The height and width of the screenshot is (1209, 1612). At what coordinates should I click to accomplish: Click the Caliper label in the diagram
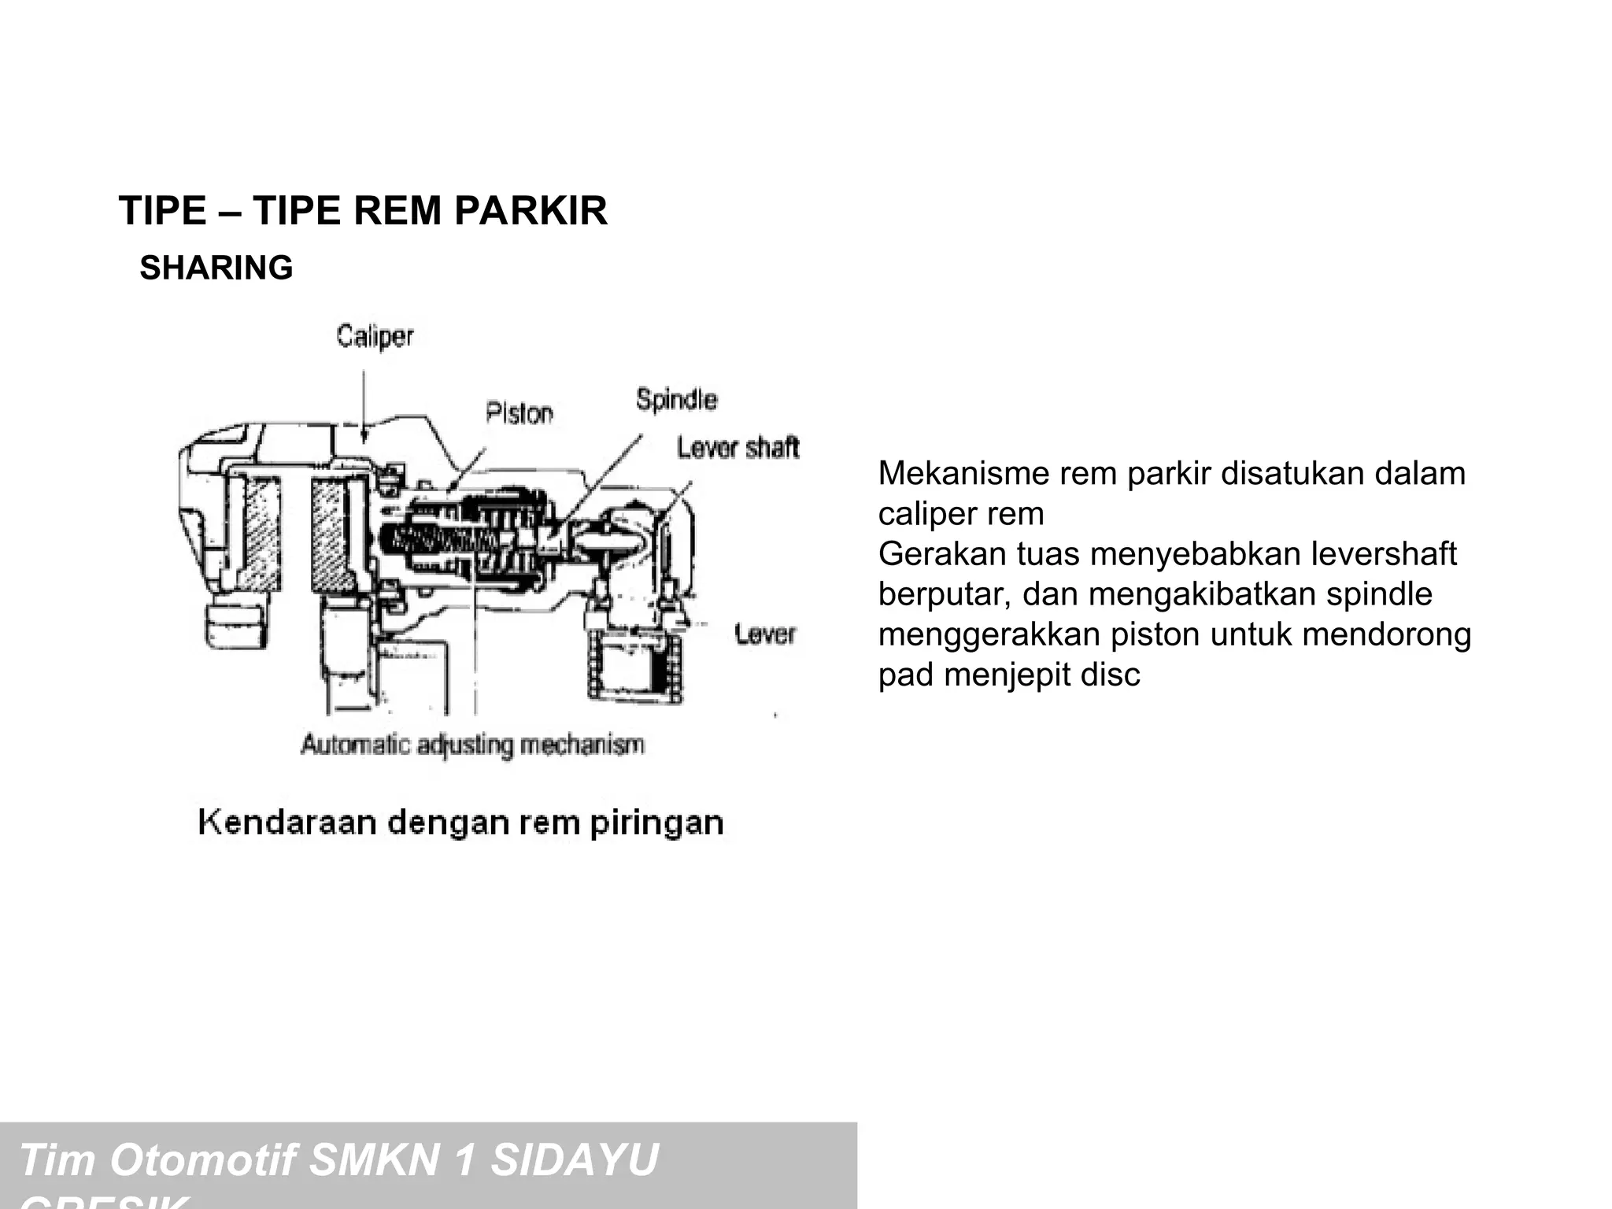click(x=375, y=336)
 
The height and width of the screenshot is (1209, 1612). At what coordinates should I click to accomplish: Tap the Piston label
click(x=519, y=413)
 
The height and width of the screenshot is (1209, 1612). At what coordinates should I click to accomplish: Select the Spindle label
click(x=676, y=400)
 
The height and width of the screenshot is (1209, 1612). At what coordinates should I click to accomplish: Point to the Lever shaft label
click(x=738, y=448)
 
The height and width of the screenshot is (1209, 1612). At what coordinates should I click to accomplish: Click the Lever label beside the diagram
click(x=765, y=634)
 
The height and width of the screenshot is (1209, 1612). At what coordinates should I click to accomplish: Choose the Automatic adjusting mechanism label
click(x=472, y=745)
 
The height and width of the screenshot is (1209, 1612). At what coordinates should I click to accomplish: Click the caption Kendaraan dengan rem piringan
click(x=460, y=823)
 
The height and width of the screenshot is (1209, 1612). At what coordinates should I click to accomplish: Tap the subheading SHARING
click(x=216, y=268)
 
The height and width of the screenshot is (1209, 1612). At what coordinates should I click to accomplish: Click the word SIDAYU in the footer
click(x=575, y=1160)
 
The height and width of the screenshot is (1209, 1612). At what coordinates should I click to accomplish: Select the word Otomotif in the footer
click(x=203, y=1160)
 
